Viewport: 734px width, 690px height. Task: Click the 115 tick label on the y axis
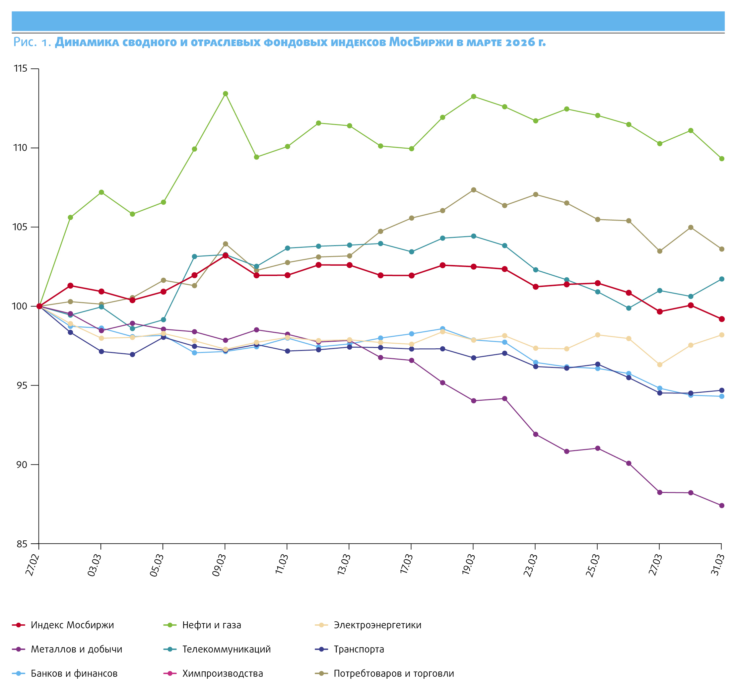[21, 69]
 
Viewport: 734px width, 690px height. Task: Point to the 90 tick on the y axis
[22, 464]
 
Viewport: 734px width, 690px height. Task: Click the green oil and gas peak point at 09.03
[225, 94]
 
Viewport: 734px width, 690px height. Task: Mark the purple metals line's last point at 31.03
[721, 506]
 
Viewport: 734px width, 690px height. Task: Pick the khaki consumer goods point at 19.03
[473, 190]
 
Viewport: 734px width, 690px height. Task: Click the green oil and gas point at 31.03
[721, 159]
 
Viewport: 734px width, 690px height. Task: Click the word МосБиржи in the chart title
[421, 42]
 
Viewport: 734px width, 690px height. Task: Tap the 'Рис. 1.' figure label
[32, 42]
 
